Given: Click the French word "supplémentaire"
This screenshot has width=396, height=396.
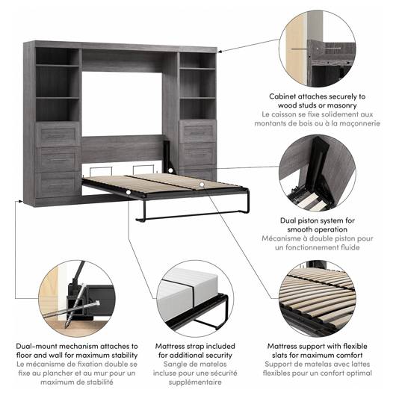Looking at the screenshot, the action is point(195,382).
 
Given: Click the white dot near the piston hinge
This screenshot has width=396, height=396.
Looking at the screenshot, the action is point(170,170).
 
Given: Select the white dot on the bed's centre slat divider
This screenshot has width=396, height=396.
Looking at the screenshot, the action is point(202,185).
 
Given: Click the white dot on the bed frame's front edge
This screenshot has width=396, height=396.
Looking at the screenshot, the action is point(129,193).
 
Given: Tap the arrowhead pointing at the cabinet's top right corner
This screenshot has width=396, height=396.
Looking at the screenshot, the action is point(220,52).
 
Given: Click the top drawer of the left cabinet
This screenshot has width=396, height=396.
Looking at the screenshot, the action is point(57,134).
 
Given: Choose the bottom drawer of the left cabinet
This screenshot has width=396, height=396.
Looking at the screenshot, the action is point(58,185).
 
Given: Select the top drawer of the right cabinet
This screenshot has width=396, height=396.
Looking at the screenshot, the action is point(198,132).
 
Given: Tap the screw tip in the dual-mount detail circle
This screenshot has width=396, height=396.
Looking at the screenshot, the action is point(66,326).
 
